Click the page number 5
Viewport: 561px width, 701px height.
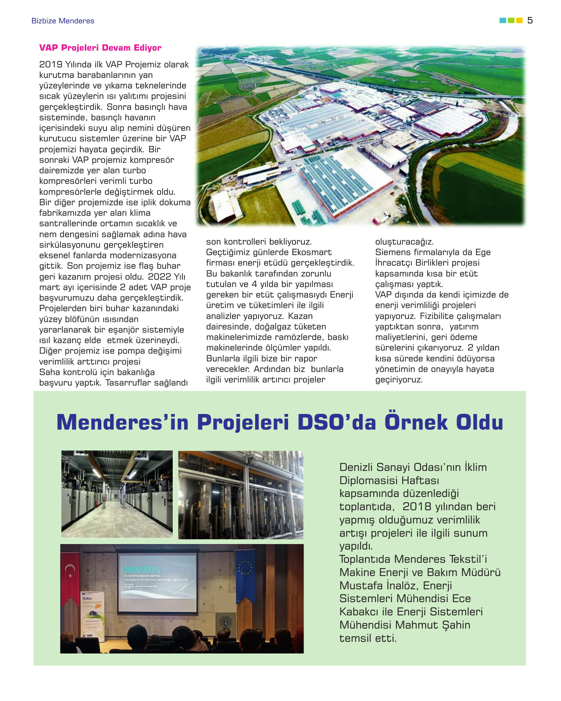[x=530, y=21]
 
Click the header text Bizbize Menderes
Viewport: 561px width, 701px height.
[x=63, y=21]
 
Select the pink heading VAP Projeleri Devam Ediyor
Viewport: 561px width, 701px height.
[x=100, y=48]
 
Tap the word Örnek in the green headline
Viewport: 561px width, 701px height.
[x=416, y=423]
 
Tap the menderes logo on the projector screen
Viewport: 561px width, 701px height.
[x=142, y=569]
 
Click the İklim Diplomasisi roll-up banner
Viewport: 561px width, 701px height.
[x=92, y=615]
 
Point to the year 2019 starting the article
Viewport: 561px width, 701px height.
[x=51, y=65]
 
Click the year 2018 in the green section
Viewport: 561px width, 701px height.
[x=417, y=507]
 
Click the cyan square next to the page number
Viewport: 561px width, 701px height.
[x=503, y=21]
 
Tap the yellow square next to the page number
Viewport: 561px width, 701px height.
[x=519, y=21]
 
